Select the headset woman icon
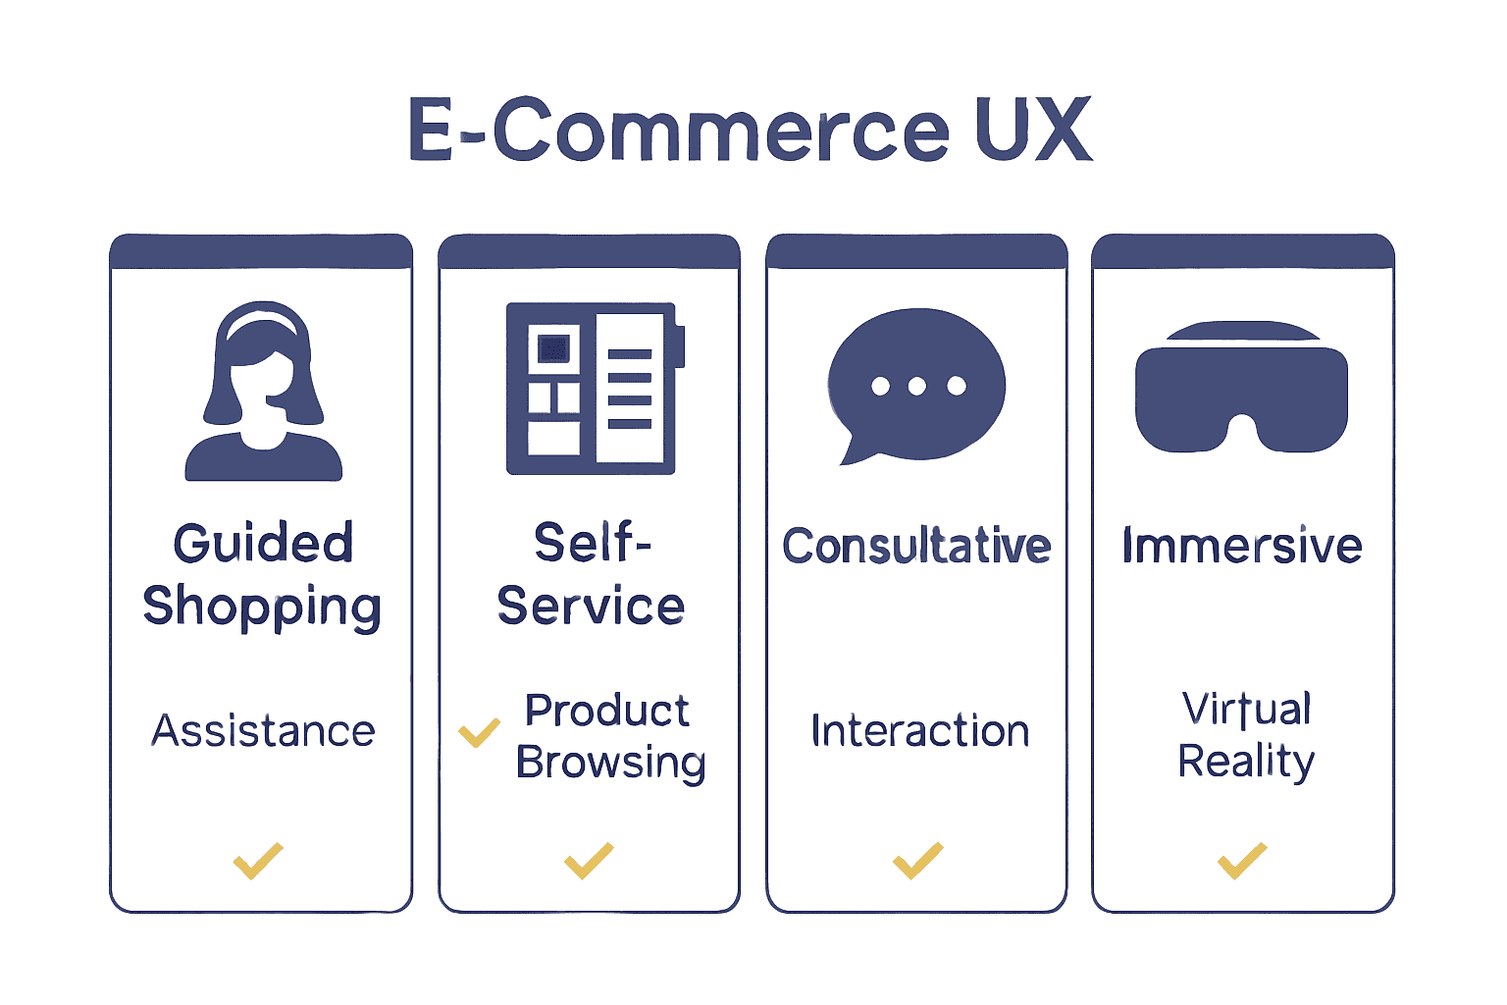coord(263,393)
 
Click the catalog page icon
coord(593,389)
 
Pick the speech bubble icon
coord(915,385)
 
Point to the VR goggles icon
coord(1241,389)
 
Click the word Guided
coord(263,544)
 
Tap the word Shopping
coord(262,608)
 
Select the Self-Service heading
coord(591,574)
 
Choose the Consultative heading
coord(916,546)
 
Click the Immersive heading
coord(1242,546)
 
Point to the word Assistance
coord(263,731)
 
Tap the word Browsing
coord(610,764)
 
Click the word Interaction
coord(919,731)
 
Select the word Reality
coord(1246,762)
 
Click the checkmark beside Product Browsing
coord(479,732)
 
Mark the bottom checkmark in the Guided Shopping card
coord(258,861)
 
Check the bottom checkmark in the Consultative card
coord(917,861)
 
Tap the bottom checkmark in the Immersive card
coord(1242,861)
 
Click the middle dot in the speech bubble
coord(917,386)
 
